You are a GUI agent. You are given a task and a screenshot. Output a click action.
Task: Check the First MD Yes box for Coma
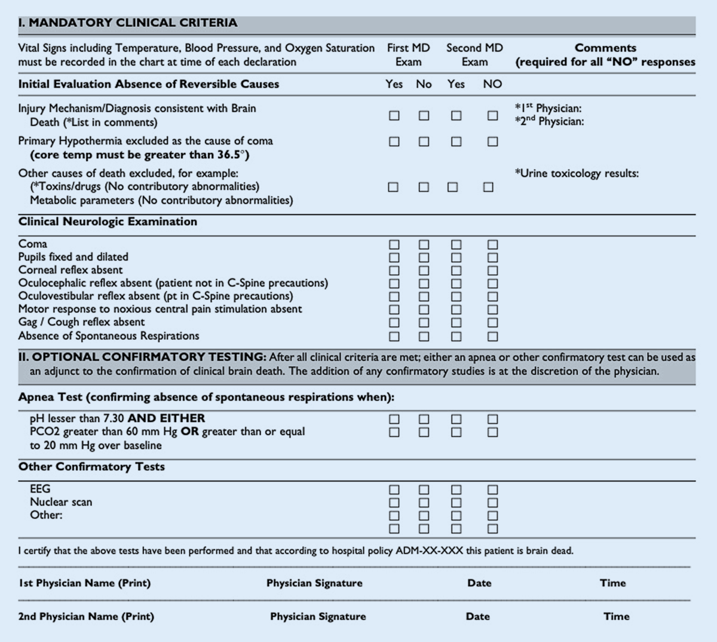point(394,244)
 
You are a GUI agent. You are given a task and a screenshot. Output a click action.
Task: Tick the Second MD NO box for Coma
point(492,244)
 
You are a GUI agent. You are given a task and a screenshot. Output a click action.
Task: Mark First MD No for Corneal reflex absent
point(424,271)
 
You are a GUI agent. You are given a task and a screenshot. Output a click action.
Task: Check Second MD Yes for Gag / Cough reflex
point(456,322)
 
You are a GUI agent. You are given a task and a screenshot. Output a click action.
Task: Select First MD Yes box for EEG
point(394,490)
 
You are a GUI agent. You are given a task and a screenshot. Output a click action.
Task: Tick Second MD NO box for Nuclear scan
point(492,503)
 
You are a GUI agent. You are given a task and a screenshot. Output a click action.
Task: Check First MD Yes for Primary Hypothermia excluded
point(394,142)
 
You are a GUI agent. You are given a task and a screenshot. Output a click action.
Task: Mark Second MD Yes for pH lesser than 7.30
point(456,419)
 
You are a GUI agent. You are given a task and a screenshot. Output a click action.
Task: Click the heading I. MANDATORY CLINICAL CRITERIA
point(128,23)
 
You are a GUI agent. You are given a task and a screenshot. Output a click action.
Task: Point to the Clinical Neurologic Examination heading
point(108,222)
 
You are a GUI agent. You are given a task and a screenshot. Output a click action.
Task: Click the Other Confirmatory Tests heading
point(91,466)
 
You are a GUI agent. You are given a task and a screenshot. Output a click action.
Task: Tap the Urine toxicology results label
point(577,173)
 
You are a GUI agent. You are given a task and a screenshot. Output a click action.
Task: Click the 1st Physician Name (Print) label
point(84,583)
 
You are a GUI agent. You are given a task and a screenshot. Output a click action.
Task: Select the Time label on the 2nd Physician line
point(616,616)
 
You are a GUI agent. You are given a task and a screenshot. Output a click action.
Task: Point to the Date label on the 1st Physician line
point(479,583)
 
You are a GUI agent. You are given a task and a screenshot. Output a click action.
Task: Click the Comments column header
point(605,48)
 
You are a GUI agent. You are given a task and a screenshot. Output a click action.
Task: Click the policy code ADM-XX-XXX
point(430,551)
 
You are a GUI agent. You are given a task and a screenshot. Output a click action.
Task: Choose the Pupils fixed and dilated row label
point(73,257)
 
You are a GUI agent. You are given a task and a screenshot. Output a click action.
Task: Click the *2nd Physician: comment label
point(549,121)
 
